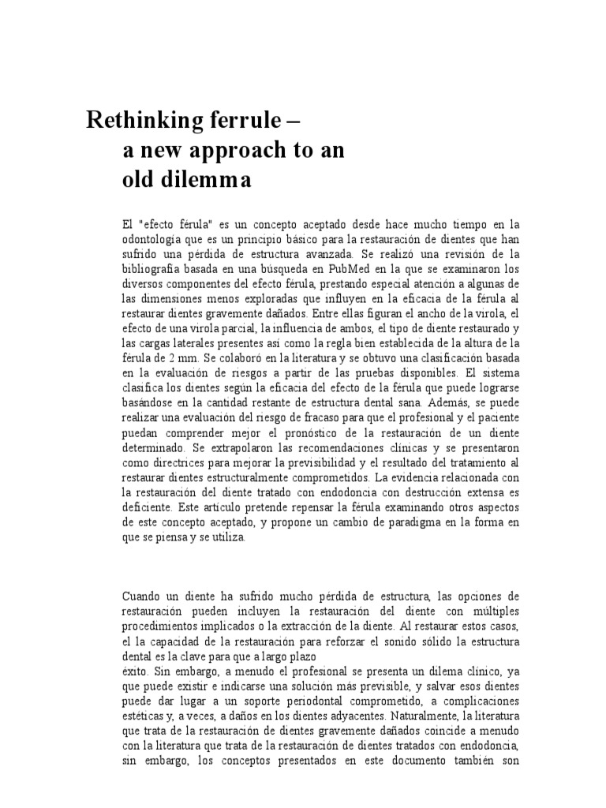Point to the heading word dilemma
tap(206, 180)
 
